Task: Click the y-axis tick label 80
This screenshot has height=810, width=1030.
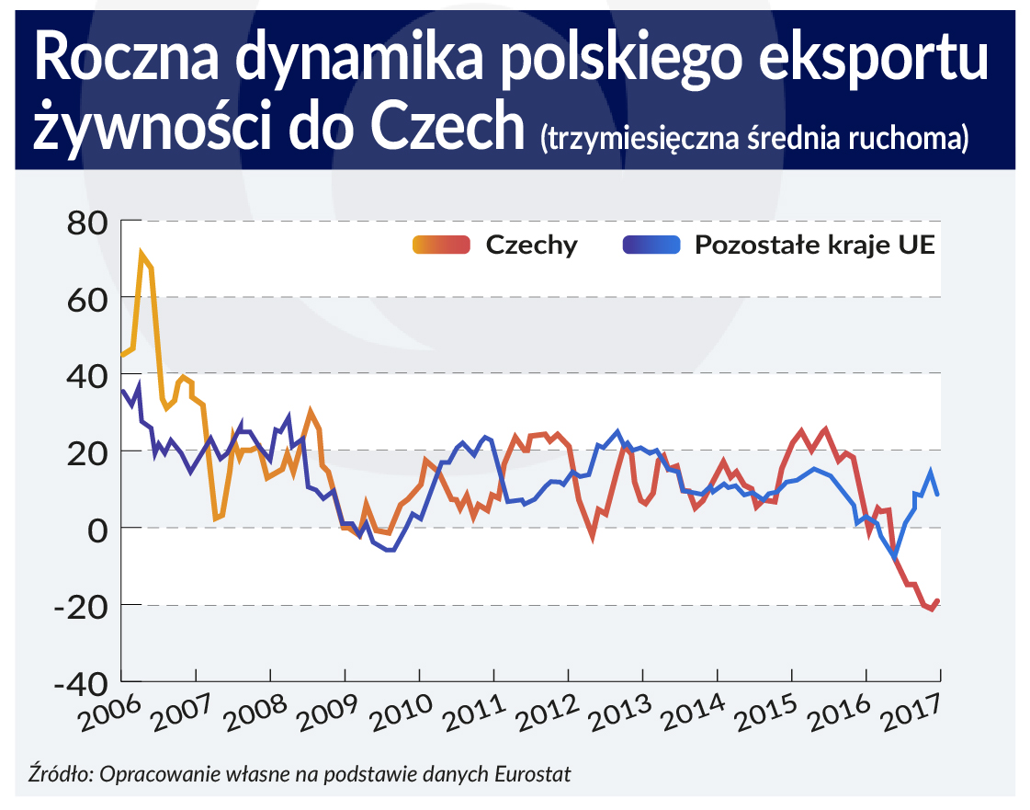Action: coord(87,222)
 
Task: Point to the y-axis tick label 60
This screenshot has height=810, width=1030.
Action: coord(87,299)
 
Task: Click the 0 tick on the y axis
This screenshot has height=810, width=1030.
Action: coord(98,530)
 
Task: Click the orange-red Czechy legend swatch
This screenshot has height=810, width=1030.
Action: coord(442,245)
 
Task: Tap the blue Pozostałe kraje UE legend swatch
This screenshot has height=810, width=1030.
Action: coord(651,245)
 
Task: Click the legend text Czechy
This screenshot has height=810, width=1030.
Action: coord(531,245)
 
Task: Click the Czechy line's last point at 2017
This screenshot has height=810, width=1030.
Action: coord(938,600)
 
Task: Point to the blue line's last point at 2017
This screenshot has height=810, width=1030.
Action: coord(938,495)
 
